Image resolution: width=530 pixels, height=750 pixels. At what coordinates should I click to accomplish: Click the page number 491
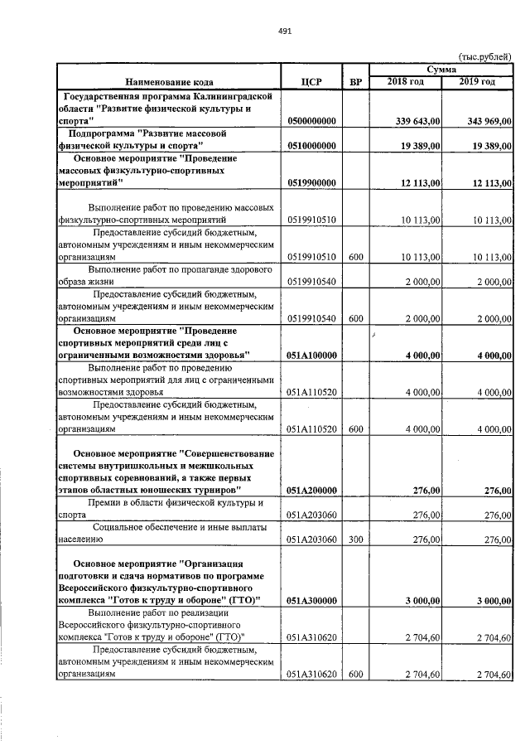[285, 31]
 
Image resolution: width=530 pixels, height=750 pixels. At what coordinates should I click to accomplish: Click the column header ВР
[356, 82]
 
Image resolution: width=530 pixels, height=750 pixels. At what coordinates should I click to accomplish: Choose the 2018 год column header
[406, 82]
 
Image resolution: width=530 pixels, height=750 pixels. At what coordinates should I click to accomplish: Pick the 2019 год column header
[477, 82]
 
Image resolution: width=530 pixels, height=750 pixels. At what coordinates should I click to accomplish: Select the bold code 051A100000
[312, 355]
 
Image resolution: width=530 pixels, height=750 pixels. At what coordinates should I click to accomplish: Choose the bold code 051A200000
[312, 491]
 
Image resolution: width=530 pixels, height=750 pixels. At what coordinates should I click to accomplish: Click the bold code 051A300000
[312, 599]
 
